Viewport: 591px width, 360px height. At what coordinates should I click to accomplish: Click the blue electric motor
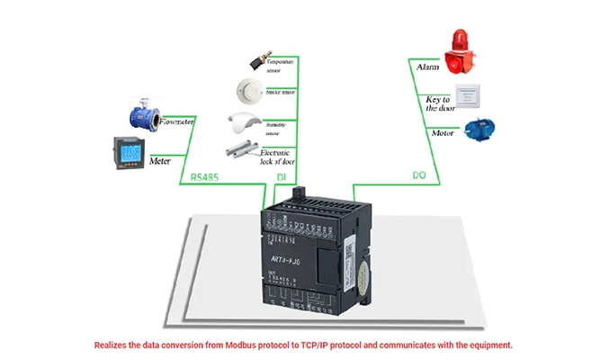[479, 130]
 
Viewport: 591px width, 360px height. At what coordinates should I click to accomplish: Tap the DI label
[282, 178]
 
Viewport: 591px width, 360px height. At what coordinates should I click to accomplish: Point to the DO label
[418, 175]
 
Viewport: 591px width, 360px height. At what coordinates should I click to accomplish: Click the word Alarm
[428, 67]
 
